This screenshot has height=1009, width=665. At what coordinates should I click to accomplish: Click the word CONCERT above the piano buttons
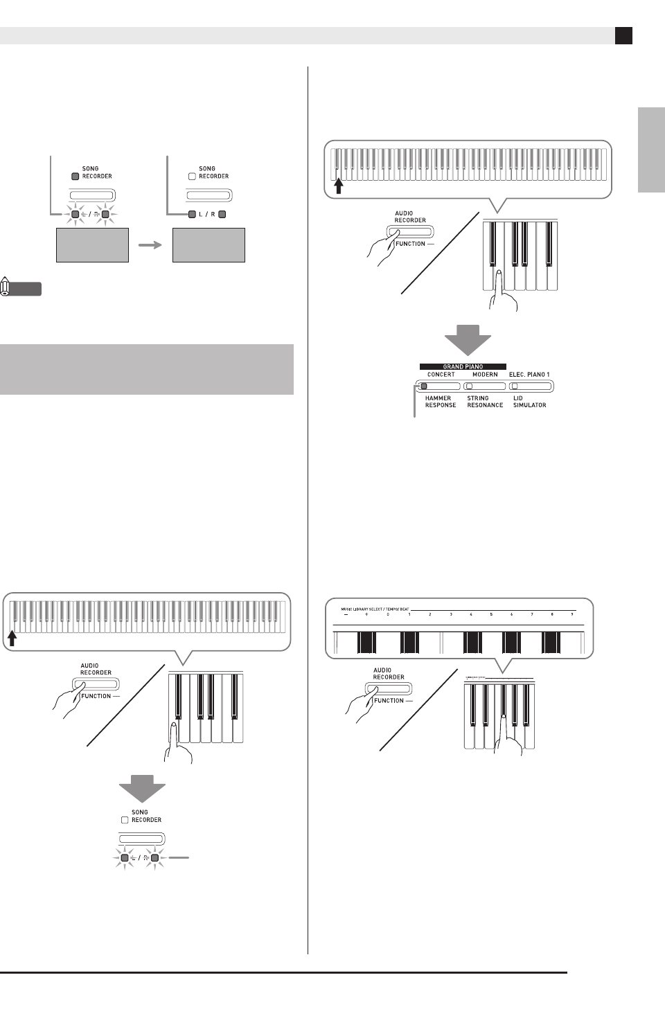click(441, 375)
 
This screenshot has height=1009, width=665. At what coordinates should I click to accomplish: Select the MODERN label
click(485, 375)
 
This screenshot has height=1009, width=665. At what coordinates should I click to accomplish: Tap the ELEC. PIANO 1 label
click(529, 375)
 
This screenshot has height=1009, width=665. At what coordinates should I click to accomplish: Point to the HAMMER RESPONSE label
click(441, 402)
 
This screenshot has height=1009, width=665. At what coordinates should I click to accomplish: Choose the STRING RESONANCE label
click(485, 402)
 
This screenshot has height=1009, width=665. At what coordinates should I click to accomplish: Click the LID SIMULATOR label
click(529, 402)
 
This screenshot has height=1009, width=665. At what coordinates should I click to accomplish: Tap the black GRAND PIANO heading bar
click(463, 366)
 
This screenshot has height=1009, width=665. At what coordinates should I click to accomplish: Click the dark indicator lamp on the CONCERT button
click(425, 386)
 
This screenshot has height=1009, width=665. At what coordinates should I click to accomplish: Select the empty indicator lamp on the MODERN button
click(469, 386)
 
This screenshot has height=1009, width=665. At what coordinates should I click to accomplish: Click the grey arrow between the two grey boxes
click(150, 244)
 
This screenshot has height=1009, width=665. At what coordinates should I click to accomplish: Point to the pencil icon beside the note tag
click(6, 287)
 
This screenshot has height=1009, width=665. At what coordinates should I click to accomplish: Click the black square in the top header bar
click(623, 36)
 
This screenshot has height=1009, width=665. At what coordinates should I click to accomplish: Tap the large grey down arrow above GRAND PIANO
click(468, 340)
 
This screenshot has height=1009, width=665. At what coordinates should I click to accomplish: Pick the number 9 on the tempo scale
click(572, 614)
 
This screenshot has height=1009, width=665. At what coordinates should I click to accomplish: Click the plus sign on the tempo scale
click(366, 614)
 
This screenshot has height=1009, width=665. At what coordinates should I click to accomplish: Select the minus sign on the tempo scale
click(346, 614)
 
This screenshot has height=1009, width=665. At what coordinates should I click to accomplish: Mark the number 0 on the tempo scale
click(388, 614)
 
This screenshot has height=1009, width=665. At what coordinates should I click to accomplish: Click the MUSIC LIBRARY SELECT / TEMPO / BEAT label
click(373, 609)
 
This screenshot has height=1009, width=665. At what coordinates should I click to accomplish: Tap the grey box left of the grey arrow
click(92, 245)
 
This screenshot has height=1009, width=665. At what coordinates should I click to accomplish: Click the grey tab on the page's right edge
click(651, 150)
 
